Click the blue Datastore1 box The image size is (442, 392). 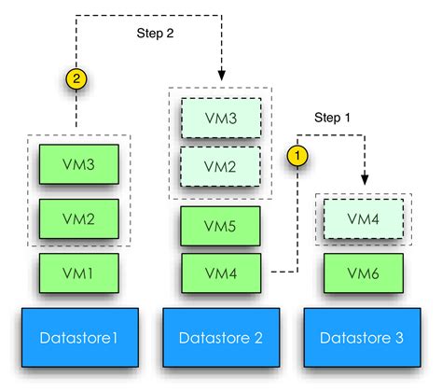[79, 336]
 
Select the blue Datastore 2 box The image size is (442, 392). [220, 336]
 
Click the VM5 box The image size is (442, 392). [220, 225]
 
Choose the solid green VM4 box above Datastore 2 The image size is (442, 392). [220, 273]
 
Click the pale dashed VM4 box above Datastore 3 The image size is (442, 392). [363, 219]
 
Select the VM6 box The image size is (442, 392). [363, 273]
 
